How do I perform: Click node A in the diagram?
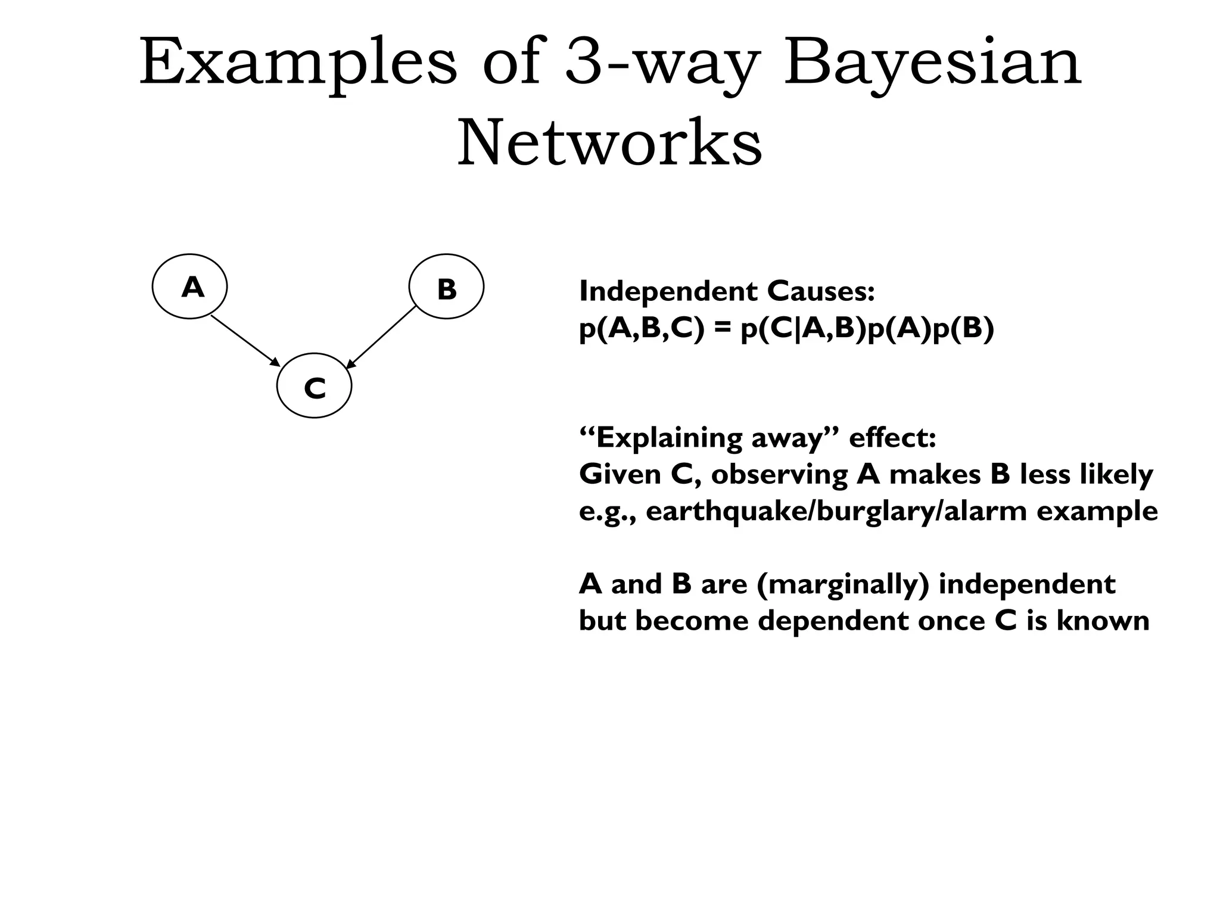click(190, 287)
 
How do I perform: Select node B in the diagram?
click(446, 287)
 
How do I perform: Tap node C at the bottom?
click(315, 387)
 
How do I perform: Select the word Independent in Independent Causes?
click(668, 291)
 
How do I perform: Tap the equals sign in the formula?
click(722, 329)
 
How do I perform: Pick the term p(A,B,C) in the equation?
click(641, 329)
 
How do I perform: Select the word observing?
click(779, 475)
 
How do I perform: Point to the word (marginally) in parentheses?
click(843, 584)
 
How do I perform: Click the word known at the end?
click(1103, 621)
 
